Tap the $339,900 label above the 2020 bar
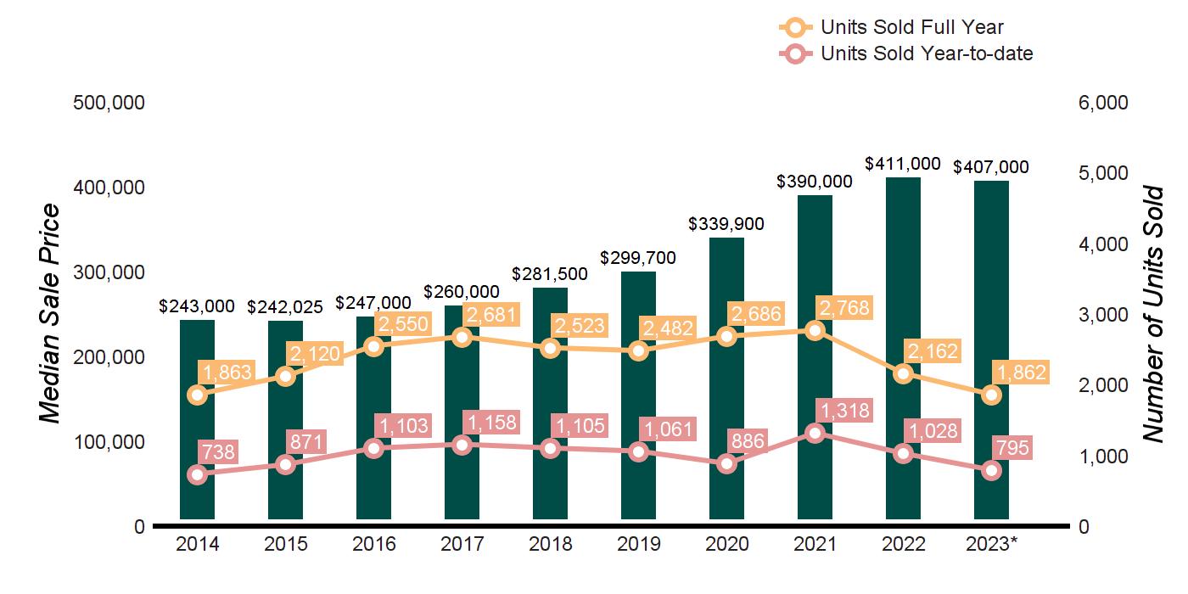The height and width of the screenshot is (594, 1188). click(x=726, y=225)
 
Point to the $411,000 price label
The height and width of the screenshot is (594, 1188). click(x=903, y=165)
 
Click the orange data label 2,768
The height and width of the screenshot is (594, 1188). click(x=843, y=307)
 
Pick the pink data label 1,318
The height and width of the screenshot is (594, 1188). click(x=843, y=411)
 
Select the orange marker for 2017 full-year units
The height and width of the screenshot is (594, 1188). click(x=462, y=337)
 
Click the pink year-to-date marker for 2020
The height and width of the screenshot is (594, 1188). click(x=726, y=463)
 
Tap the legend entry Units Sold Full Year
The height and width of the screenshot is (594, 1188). click(x=912, y=28)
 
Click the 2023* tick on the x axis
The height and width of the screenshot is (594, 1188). click(x=991, y=544)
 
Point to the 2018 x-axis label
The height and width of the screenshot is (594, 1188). click(x=550, y=544)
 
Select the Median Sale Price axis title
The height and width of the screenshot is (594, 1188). click(x=51, y=314)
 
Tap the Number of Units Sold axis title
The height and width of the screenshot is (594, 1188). click(x=1152, y=315)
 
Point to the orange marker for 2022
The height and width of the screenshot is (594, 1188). click(x=903, y=374)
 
